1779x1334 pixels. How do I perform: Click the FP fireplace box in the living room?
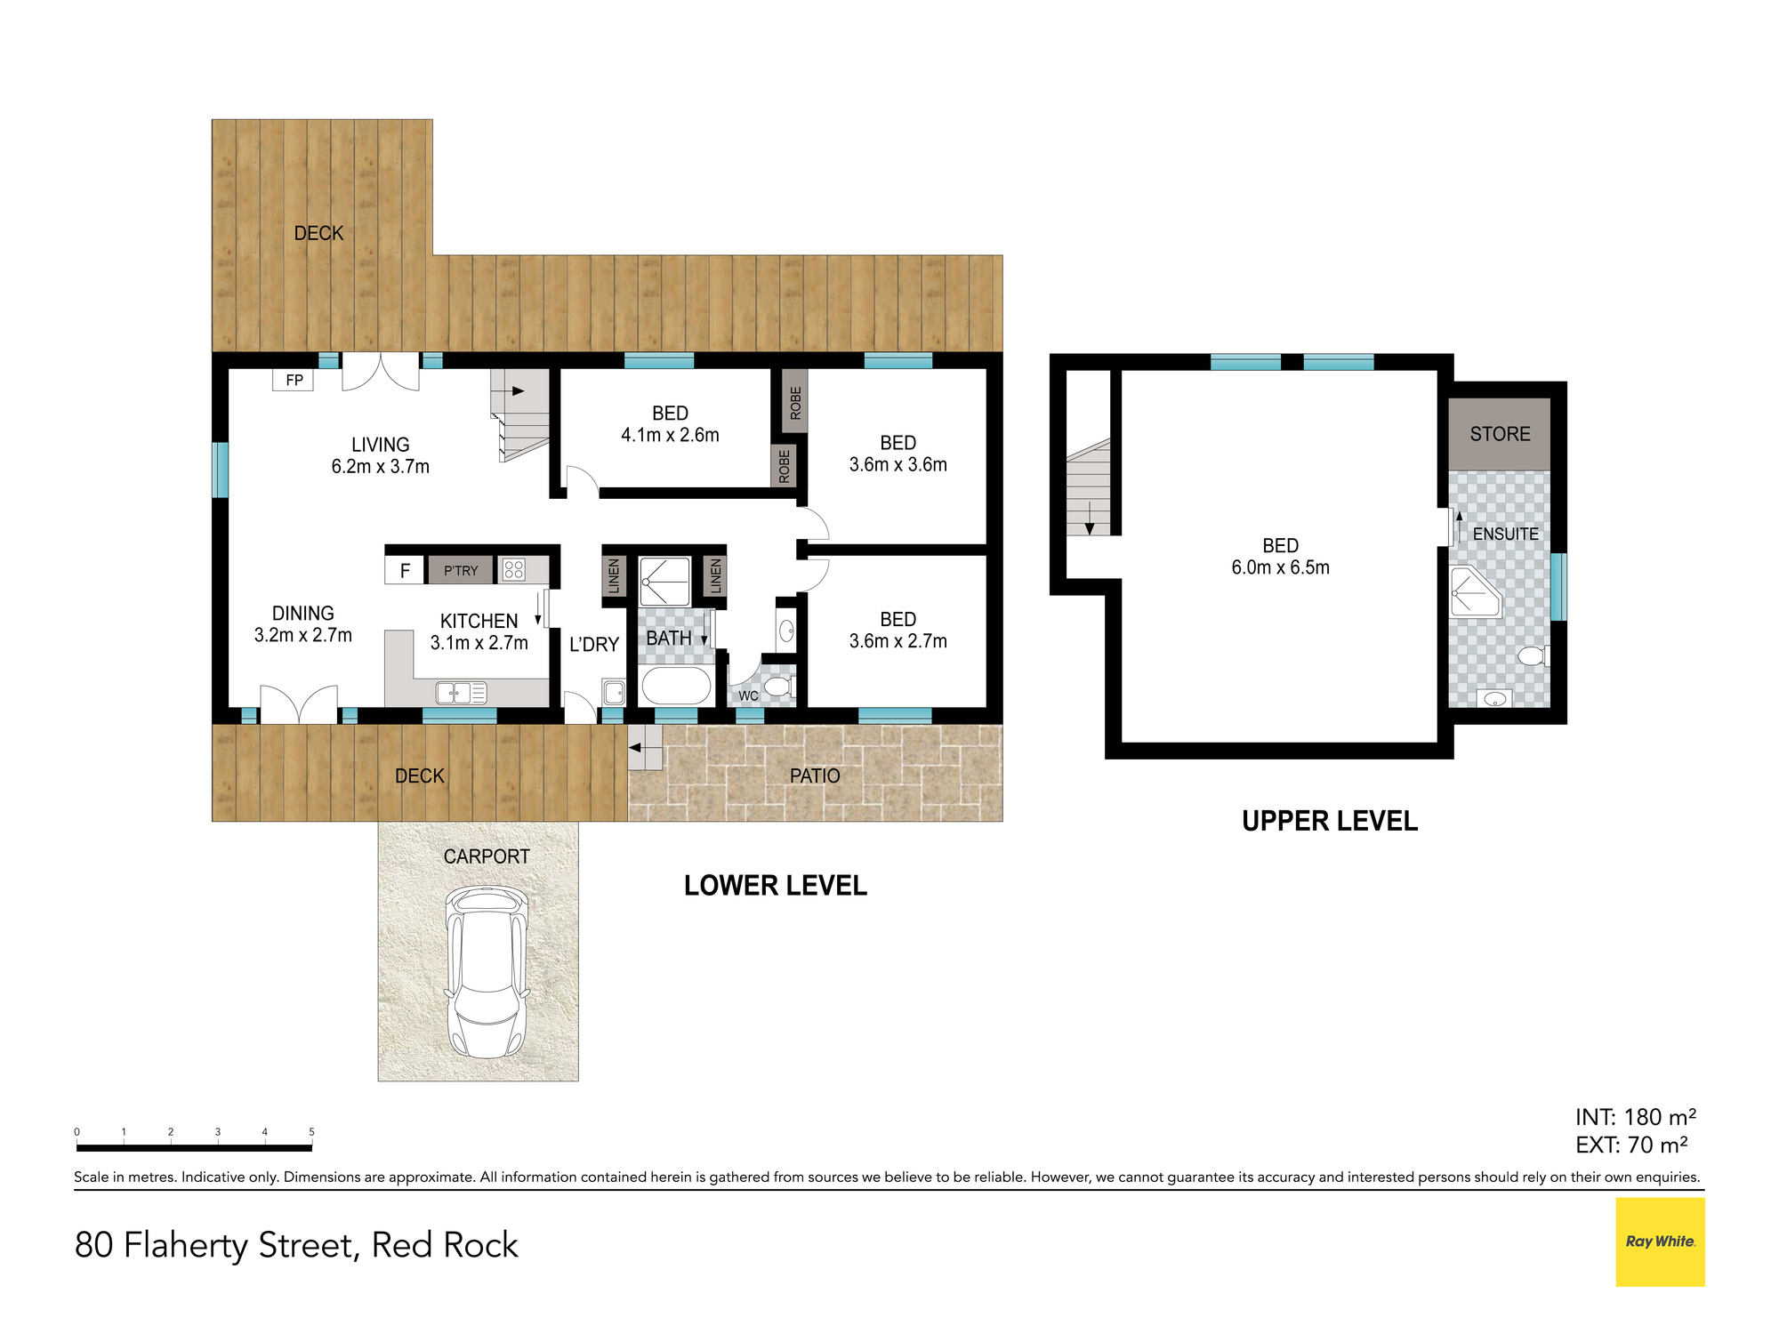(x=293, y=380)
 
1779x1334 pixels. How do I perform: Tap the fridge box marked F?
(x=405, y=570)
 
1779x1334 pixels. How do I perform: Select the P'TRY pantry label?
(x=461, y=571)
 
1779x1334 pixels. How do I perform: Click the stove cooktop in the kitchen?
(x=514, y=569)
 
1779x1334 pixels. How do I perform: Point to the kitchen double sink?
(x=462, y=692)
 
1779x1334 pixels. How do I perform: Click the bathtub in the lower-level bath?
(x=677, y=686)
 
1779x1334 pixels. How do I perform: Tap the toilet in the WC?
(x=779, y=687)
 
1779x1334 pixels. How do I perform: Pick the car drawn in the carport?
(x=487, y=971)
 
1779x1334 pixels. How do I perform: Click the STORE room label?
(x=1500, y=434)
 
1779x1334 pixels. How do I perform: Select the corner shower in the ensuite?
(x=1475, y=592)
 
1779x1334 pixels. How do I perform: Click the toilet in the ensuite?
(x=1534, y=656)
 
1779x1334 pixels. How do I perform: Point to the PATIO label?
(x=815, y=775)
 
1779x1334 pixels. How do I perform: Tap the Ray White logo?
(x=1660, y=1242)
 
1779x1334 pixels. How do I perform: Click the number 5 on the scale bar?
(x=311, y=1132)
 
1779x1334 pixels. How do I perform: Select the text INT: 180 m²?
(x=1635, y=1117)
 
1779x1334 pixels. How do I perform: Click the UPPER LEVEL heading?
(x=1330, y=821)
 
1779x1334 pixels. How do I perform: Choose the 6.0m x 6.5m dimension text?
(x=1280, y=567)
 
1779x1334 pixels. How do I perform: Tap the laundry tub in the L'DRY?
(x=614, y=692)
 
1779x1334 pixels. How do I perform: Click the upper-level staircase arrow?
(x=1090, y=518)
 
